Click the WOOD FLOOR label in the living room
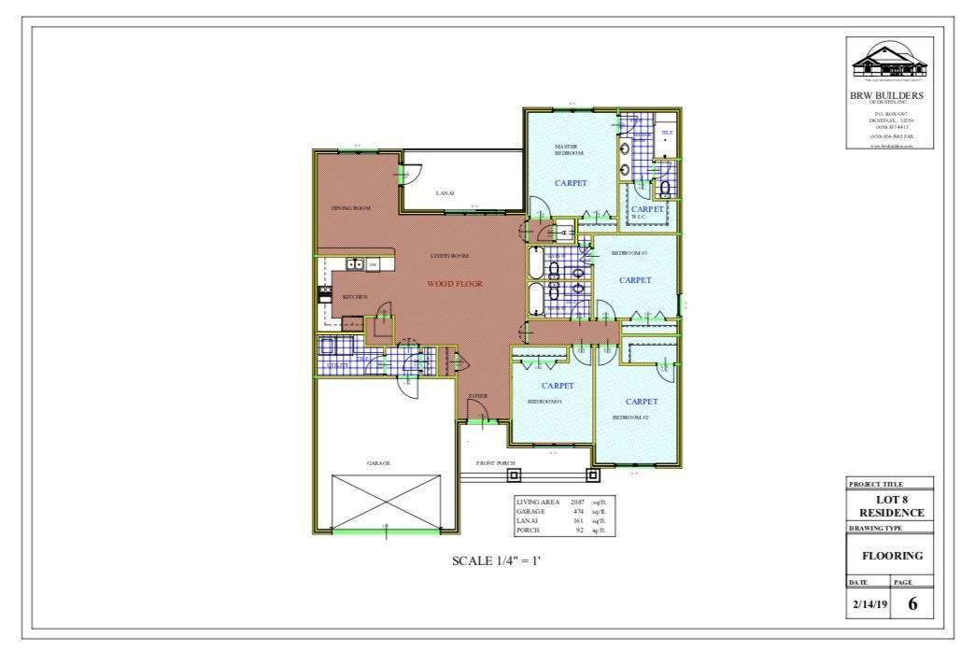[455, 284]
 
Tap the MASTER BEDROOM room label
[567, 149]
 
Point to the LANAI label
[445, 193]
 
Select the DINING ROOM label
[351, 208]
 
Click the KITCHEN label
[355, 297]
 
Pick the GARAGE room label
[377, 463]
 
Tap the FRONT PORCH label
[496, 463]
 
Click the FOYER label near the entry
[478, 396]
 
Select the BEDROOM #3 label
[629, 253]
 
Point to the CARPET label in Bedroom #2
[642, 402]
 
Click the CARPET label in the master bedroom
[571, 183]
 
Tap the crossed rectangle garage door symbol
[386, 502]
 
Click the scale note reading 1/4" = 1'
[496, 561]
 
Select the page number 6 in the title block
[912, 603]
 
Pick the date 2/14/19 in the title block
[868, 604]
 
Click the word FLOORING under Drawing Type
[891, 556]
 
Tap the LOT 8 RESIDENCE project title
[891, 506]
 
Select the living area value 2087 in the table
[577, 503]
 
